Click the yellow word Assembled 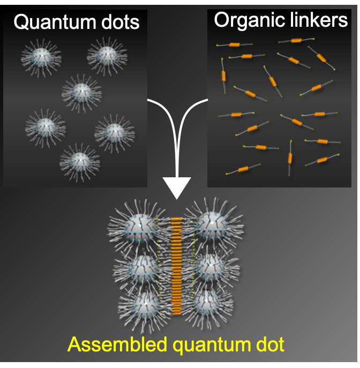tap(110, 343)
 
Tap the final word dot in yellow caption tap(268, 343)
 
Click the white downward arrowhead tap(176, 188)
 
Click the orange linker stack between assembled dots tap(177, 265)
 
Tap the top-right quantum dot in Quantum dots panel tap(107, 54)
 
